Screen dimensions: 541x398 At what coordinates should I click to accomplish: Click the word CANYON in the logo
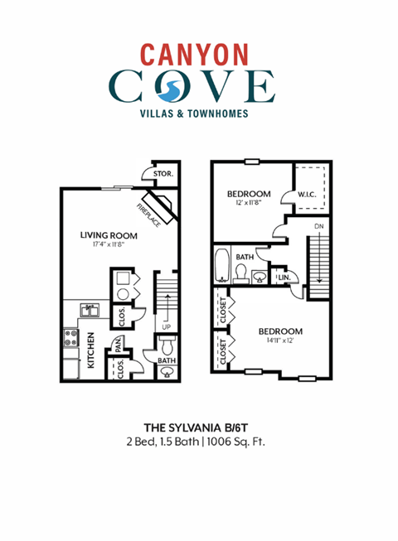[x=193, y=54]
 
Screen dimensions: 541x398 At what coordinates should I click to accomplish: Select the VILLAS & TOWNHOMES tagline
[x=194, y=114]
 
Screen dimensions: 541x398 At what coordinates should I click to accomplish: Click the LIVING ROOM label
[x=109, y=235]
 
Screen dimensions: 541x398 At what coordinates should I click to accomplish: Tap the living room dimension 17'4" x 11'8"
[x=109, y=245]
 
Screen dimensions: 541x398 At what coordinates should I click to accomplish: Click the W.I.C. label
[x=295, y=196]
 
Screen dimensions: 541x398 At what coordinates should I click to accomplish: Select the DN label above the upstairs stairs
[x=318, y=226]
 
